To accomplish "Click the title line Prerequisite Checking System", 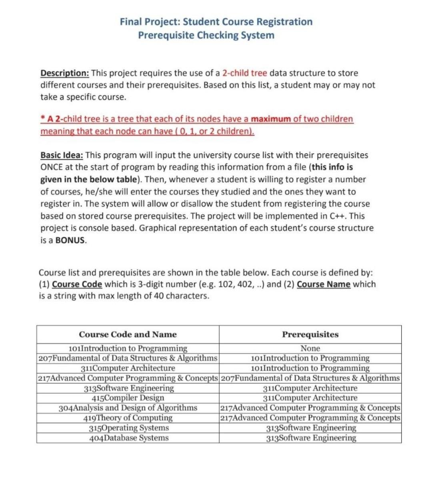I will coord(206,35).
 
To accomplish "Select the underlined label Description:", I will coord(65,73).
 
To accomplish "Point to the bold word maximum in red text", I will coord(271,119).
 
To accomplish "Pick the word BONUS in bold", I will coord(70,241).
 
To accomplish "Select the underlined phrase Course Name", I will coord(324,284).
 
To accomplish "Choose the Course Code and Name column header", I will coord(128,334).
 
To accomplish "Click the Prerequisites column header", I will coord(310,334).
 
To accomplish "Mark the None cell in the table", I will coord(310,348).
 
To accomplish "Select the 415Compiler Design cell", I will coord(128,398).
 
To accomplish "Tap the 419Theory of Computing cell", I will coord(128,418).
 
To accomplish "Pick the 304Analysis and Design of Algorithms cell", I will coord(128,408).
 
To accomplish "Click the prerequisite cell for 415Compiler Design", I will coord(310,398).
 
